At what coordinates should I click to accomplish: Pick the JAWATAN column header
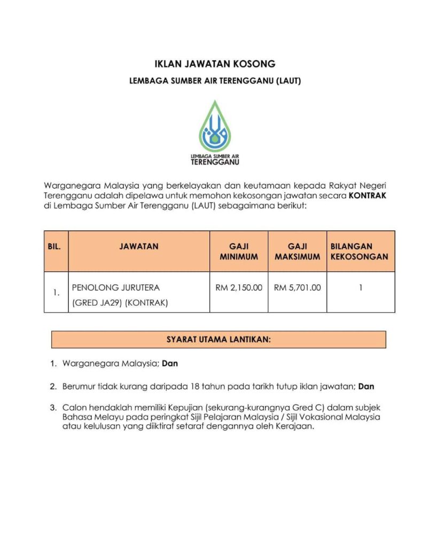(x=139, y=247)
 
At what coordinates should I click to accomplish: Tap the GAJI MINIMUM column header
(x=239, y=252)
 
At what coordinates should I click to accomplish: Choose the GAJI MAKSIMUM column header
(x=298, y=252)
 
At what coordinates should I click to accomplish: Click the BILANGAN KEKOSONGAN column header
(x=360, y=252)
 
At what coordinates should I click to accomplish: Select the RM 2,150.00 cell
(x=239, y=287)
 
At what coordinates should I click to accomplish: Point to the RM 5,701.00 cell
(x=298, y=287)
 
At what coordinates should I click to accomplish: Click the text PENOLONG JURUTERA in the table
(x=116, y=287)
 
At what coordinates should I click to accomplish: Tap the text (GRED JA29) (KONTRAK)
(x=120, y=303)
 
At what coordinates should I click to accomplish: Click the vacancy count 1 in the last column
(x=361, y=287)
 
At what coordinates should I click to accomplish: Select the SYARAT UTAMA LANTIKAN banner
(x=218, y=340)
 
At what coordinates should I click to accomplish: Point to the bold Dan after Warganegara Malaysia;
(x=170, y=364)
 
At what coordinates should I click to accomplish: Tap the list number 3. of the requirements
(x=53, y=408)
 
